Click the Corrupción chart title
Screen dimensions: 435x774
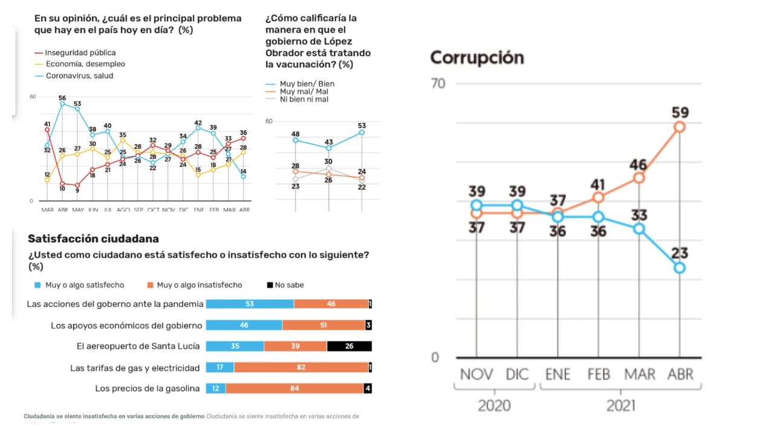point(476,58)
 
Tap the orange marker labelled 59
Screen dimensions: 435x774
point(680,126)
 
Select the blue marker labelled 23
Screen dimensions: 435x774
point(680,268)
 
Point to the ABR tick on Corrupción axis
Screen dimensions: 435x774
point(680,374)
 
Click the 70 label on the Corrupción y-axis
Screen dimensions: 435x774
point(438,83)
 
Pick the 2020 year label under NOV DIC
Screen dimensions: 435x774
point(494,405)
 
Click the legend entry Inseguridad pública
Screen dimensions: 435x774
point(80,53)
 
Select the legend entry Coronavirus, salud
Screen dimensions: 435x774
point(79,76)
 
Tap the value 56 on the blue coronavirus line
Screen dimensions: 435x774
point(62,98)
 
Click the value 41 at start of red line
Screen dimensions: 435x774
point(47,124)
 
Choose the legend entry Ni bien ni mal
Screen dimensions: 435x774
point(304,99)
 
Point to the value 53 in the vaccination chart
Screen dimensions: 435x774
point(362,125)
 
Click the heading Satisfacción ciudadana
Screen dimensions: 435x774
point(93,239)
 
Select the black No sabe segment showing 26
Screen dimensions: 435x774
point(350,346)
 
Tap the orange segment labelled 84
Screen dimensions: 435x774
point(294,388)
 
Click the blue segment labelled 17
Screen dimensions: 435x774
point(220,367)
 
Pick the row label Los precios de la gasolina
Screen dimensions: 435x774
point(148,388)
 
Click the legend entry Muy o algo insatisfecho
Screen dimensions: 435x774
point(199,285)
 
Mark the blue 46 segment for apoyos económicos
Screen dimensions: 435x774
point(244,325)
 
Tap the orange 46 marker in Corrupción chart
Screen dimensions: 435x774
point(639,178)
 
